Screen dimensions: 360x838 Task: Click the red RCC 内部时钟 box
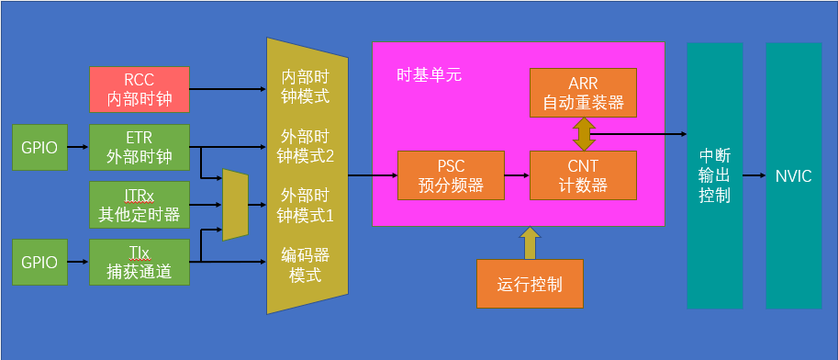point(140,89)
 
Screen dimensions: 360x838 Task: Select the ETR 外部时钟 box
point(140,148)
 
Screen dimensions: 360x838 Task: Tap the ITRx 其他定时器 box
point(140,205)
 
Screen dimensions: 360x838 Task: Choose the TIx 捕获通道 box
point(140,263)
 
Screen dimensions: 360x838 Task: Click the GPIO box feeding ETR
point(39,148)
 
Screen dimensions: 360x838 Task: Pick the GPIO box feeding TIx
point(39,263)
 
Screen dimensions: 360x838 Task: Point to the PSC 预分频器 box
point(451,175)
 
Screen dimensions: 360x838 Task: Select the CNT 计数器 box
point(583,175)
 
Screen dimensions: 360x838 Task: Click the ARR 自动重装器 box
point(583,92)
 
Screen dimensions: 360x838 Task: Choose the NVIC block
point(793,175)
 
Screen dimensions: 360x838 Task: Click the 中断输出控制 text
point(714,175)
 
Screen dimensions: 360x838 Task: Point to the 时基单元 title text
point(429,75)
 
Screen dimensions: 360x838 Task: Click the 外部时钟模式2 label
point(306,146)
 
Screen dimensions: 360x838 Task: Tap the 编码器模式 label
point(305,264)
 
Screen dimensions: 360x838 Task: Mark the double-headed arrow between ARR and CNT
point(583,133)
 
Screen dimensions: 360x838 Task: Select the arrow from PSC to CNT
point(518,175)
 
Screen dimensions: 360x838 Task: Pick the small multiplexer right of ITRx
point(235,204)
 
